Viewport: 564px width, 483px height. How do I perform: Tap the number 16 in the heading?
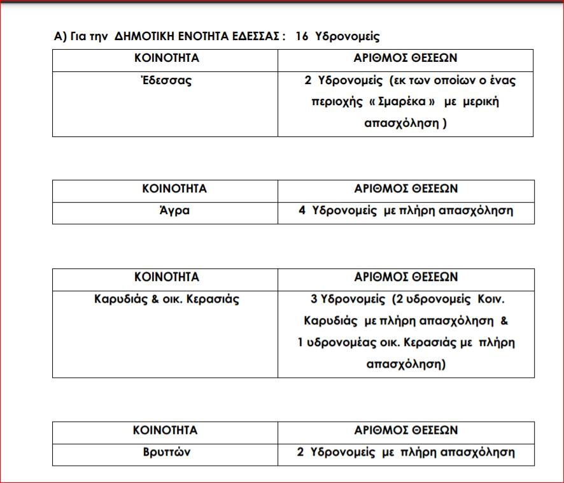(302, 36)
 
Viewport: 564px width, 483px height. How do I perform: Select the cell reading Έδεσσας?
(166, 81)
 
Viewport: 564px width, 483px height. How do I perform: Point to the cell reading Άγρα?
(166, 211)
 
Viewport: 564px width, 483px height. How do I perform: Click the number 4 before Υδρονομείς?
(302, 211)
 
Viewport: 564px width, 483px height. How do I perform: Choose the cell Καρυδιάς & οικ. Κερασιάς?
(166, 298)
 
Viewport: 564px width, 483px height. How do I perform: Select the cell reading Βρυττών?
(166, 452)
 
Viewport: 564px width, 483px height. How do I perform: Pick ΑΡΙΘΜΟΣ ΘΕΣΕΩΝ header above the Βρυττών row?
(405, 430)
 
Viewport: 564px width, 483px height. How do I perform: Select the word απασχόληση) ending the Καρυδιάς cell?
(406, 365)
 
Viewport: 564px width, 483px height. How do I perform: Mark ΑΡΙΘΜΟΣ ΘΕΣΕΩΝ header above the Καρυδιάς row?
(405, 277)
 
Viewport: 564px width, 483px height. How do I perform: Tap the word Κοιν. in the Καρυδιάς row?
(494, 298)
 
